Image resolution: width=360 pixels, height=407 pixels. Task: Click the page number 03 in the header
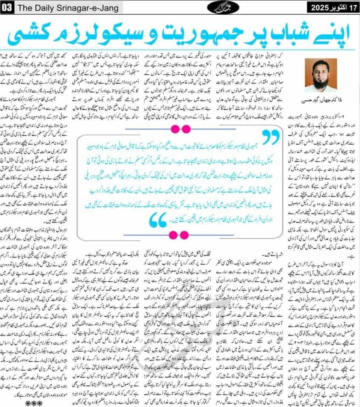(7, 7)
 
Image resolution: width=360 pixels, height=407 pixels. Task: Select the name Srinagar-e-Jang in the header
(80, 7)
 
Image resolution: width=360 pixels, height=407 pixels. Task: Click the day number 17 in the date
(350, 7)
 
